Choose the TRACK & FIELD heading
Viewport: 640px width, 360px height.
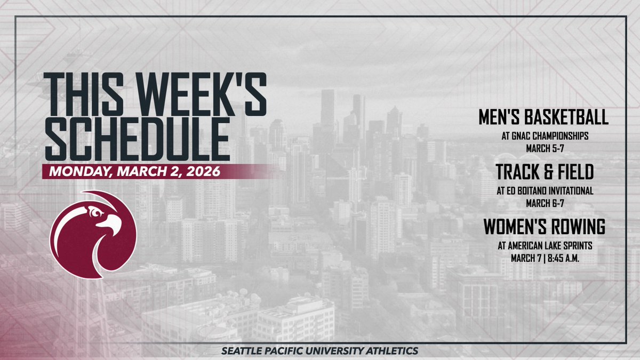pos(544,172)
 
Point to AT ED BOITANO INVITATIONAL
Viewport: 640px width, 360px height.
pos(545,190)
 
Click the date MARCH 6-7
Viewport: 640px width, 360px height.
pos(545,203)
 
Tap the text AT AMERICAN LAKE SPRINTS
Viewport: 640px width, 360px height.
pos(545,246)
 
